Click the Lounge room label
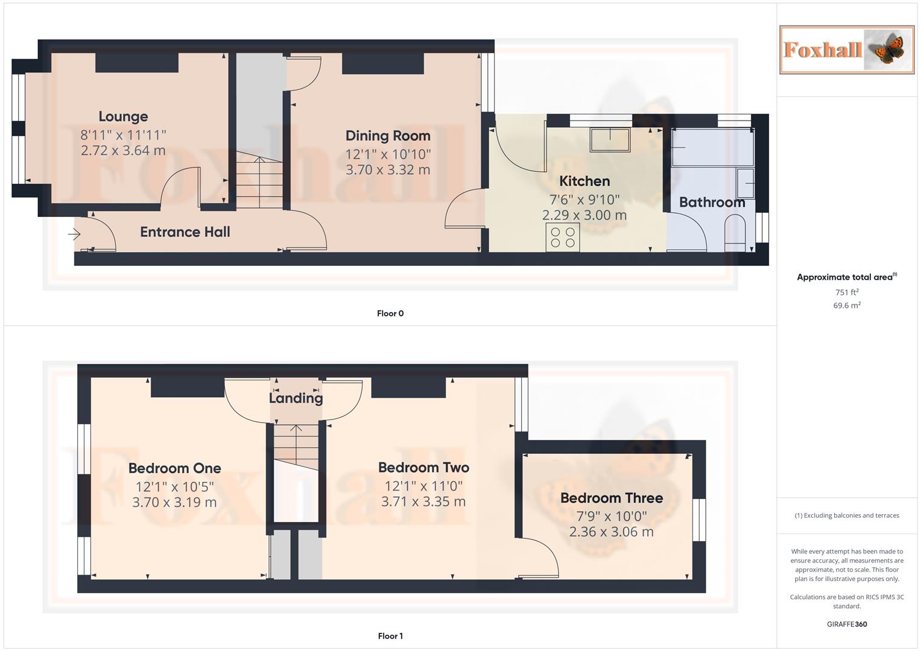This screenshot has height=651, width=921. (x=123, y=116)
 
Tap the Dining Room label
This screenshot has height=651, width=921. (x=388, y=136)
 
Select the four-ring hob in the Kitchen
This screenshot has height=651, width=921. (x=562, y=237)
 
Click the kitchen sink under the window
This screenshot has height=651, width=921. (x=610, y=140)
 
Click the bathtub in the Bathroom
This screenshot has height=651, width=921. (x=712, y=147)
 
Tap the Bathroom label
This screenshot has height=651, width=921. (x=712, y=202)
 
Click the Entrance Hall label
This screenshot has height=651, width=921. (x=185, y=232)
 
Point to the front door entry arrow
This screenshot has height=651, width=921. (x=75, y=234)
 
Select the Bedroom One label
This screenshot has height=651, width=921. (x=174, y=468)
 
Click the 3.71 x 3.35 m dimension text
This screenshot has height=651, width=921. (x=423, y=502)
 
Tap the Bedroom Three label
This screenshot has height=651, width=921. (x=612, y=498)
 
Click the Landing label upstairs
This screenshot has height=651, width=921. (x=296, y=398)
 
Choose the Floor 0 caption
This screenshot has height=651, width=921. (x=390, y=313)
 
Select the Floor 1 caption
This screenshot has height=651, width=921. (x=390, y=636)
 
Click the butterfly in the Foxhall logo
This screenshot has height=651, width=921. (x=885, y=49)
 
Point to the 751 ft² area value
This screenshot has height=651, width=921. (x=847, y=292)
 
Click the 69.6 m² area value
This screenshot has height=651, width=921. (x=847, y=306)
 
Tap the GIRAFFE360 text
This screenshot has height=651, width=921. (x=847, y=624)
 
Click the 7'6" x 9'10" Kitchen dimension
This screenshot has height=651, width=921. (x=584, y=200)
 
